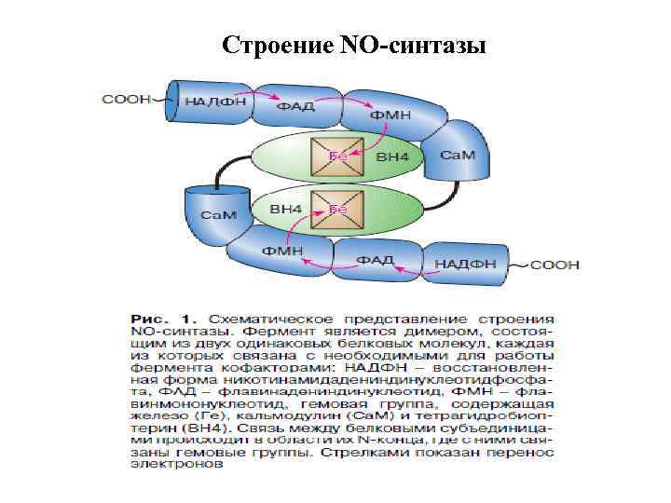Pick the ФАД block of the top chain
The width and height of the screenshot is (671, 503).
(295, 107)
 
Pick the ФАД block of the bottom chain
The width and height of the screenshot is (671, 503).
(376, 259)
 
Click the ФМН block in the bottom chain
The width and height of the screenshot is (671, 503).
(281, 251)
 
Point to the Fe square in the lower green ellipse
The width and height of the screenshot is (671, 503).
(336, 210)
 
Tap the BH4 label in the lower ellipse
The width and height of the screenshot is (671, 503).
(285, 211)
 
